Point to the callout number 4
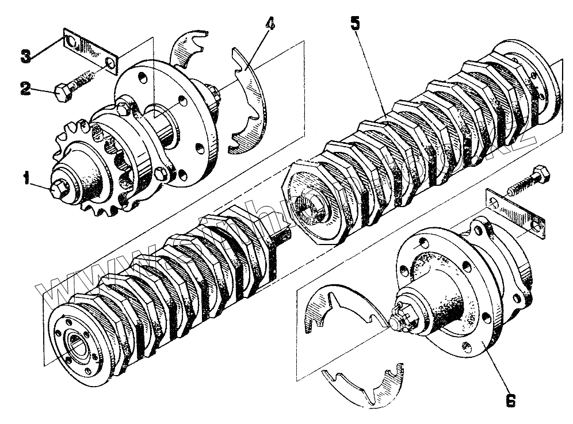tap(270, 25)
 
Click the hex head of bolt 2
tap(62, 93)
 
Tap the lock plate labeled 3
tap(90, 51)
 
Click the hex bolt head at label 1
tap(59, 188)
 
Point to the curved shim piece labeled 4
tap(249, 104)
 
